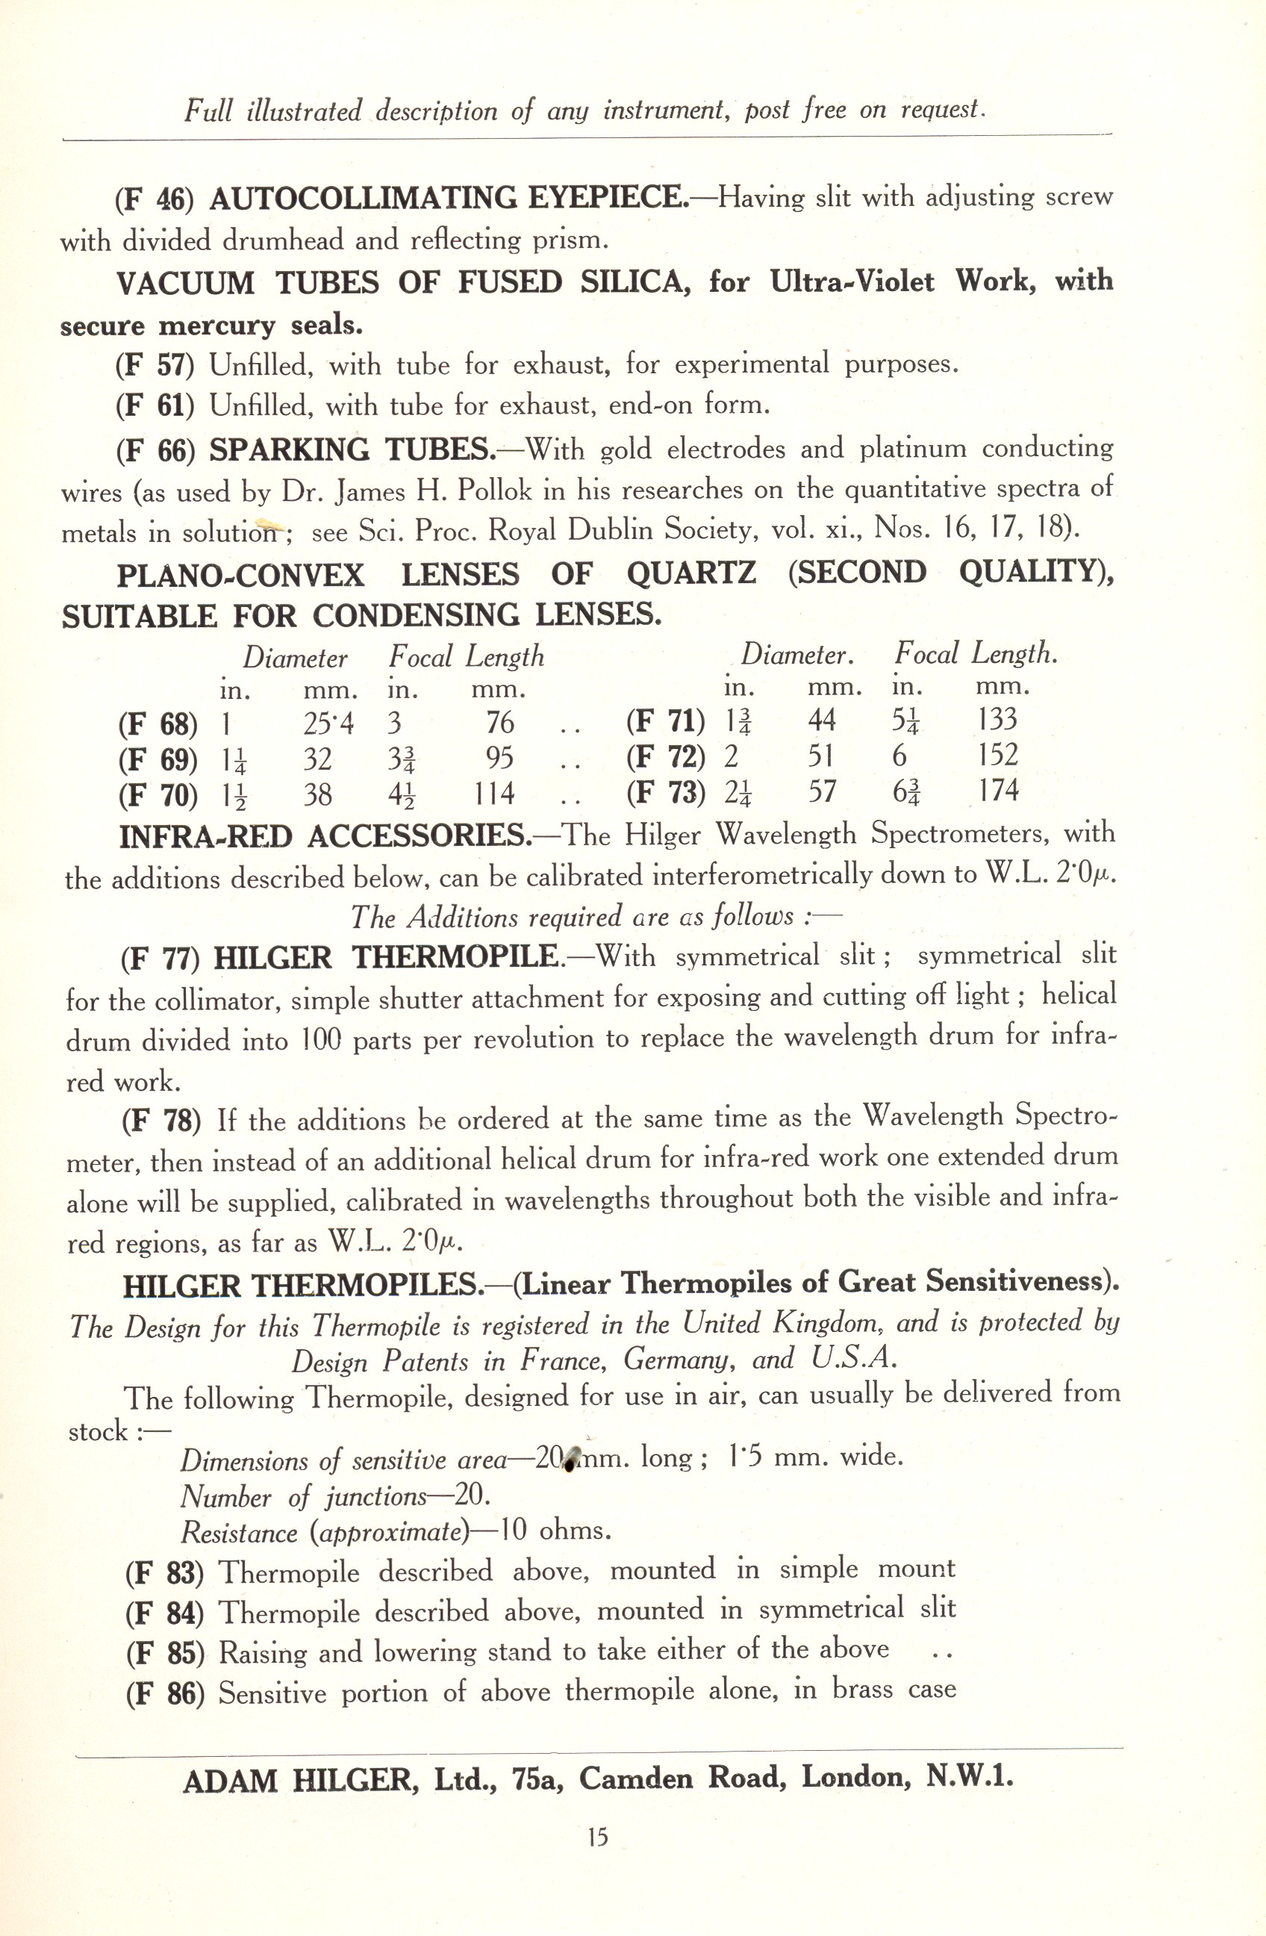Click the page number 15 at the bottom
click(x=598, y=1836)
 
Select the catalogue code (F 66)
click(x=155, y=452)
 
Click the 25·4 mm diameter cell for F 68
click(x=328, y=722)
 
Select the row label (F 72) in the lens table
click(x=665, y=756)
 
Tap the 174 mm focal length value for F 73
click(x=998, y=790)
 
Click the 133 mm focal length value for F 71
click(x=998, y=719)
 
